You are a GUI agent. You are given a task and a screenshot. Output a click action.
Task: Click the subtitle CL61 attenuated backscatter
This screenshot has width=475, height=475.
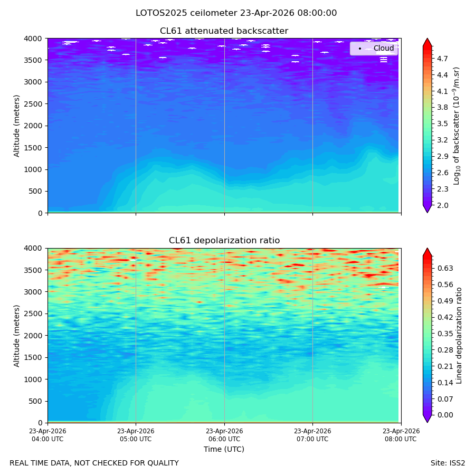coord(224,31)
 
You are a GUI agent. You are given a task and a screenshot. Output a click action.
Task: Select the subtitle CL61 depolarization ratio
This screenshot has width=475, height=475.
coord(224,241)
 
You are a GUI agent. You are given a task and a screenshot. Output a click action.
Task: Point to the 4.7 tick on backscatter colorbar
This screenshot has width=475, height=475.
coord(442,59)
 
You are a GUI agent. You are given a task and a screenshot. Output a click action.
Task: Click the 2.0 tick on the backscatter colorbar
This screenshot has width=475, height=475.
coord(442,205)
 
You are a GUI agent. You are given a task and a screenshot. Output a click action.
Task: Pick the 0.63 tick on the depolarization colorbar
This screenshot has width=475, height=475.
coord(445,269)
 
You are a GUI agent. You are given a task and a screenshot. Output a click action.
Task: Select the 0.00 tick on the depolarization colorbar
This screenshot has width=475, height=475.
coord(445,415)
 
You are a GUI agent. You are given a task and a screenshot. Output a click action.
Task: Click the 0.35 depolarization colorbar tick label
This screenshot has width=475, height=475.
coord(445,334)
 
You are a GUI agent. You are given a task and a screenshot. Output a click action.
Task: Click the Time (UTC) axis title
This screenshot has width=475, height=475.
coord(224,449)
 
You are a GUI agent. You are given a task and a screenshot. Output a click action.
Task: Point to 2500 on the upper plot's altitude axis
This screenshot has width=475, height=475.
coord(33,104)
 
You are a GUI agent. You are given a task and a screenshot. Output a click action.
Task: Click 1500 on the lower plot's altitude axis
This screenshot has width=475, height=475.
coord(33,357)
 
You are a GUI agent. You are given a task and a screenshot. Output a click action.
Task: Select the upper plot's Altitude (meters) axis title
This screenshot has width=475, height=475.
coord(16,126)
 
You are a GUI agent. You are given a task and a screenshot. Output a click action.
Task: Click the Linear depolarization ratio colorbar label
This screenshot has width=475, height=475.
coord(459,336)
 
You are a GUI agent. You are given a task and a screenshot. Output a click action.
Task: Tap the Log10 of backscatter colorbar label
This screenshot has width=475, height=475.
coord(457,126)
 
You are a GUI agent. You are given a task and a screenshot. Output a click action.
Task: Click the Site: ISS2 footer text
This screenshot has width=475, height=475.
coord(448,463)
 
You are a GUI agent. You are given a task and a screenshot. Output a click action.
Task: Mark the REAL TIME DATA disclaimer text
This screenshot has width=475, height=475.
coord(94,463)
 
